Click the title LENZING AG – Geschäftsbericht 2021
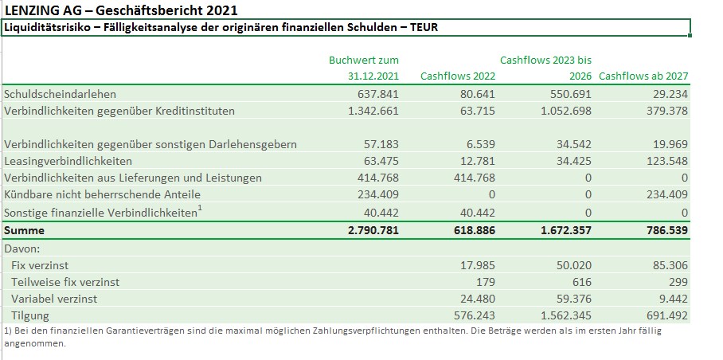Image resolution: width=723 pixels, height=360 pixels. coord(120,10)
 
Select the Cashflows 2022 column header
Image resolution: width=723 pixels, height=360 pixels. coord(457,76)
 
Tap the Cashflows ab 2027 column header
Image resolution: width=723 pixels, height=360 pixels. coord(643,76)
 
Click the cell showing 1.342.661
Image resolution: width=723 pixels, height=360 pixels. coord(369,110)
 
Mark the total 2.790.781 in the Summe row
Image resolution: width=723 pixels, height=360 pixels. coord(369,230)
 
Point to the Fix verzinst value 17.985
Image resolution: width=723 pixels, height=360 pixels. coord(476,264)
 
